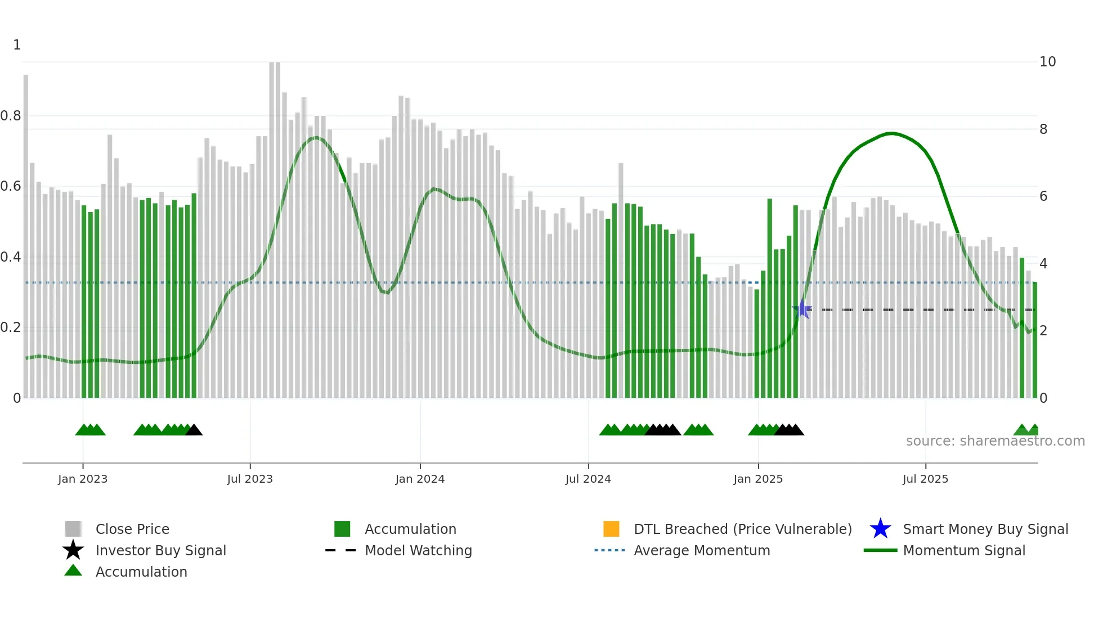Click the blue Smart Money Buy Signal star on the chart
click(x=802, y=309)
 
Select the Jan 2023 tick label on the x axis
click(x=83, y=479)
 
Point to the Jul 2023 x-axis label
click(x=250, y=479)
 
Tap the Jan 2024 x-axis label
click(x=420, y=479)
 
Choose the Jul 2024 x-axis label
click(x=588, y=479)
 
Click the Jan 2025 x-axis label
click(x=758, y=479)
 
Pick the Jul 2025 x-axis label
click(x=925, y=479)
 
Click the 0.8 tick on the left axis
click(x=11, y=116)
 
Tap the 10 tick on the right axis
click(x=1047, y=62)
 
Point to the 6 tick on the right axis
click(x=1043, y=196)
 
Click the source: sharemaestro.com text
click(x=995, y=441)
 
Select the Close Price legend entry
click(x=132, y=529)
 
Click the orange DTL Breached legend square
click(x=611, y=529)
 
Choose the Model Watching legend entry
click(x=418, y=551)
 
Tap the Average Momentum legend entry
click(x=702, y=551)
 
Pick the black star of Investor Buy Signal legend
click(x=73, y=550)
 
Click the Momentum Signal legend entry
click(x=964, y=551)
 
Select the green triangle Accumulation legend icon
click(x=73, y=570)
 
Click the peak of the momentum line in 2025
click(x=891, y=133)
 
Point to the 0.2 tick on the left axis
click(x=11, y=327)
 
